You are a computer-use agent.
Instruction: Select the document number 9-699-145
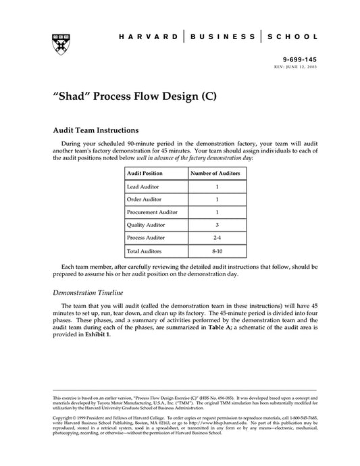(301, 60)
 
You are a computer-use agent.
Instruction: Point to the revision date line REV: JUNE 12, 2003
(294, 68)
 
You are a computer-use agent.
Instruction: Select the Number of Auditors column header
(216, 174)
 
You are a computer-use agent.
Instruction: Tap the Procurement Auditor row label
(151, 212)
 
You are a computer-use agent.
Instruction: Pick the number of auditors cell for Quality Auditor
(216, 225)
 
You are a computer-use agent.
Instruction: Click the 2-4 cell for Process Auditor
(216, 238)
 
